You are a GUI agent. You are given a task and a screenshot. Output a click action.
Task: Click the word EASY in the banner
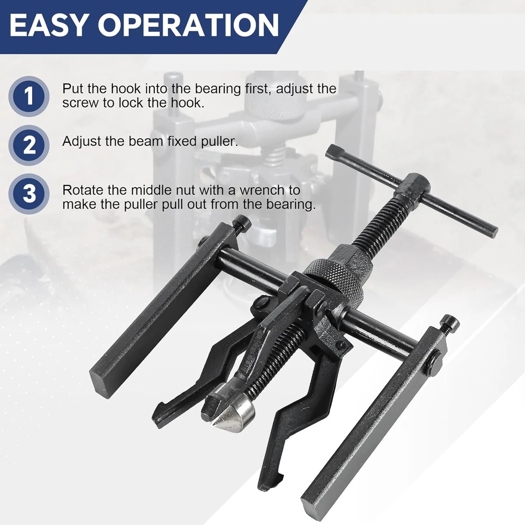tap(48, 26)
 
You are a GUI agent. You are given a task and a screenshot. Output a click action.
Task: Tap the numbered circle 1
tap(29, 97)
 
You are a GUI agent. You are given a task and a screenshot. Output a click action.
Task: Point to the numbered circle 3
tap(29, 194)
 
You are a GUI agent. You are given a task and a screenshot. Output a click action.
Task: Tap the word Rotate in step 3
tap(83, 190)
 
